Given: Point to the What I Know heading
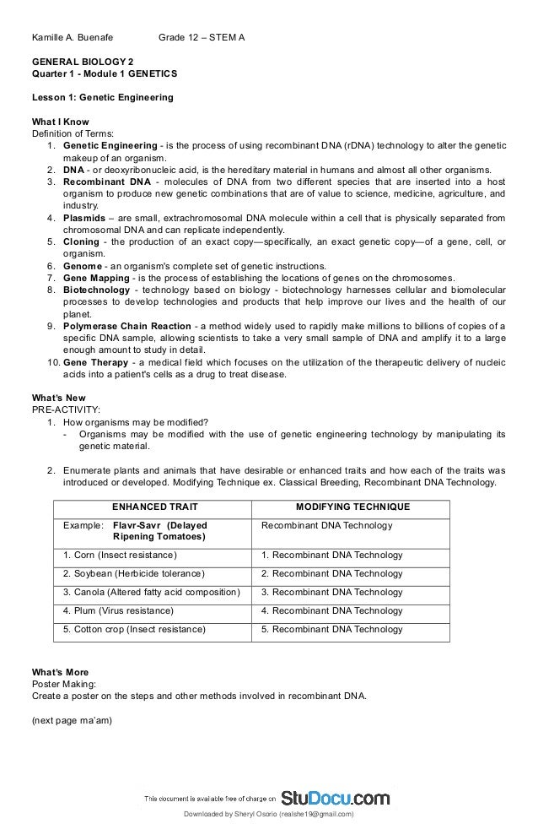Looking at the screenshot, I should (x=60, y=122).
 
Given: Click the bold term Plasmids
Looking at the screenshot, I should (x=87, y=217).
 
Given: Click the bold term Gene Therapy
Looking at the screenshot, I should (x=96, y=361).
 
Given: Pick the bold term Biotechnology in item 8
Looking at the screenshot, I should (x=96, y=290).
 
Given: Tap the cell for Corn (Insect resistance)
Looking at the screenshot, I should (x=121, y=555).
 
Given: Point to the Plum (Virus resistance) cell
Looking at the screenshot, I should (x=119, y=610).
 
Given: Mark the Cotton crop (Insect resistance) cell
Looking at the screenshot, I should (x=134, y=629).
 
